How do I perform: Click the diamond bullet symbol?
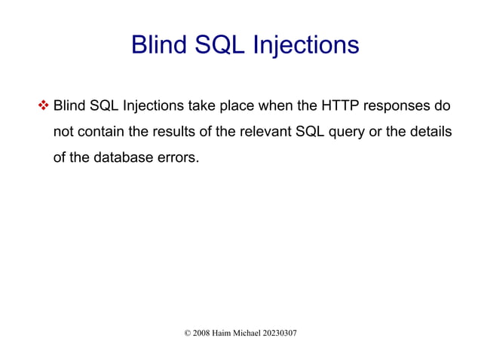[42, 104]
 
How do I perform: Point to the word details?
[428, 133]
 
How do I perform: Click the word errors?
[181, 160]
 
